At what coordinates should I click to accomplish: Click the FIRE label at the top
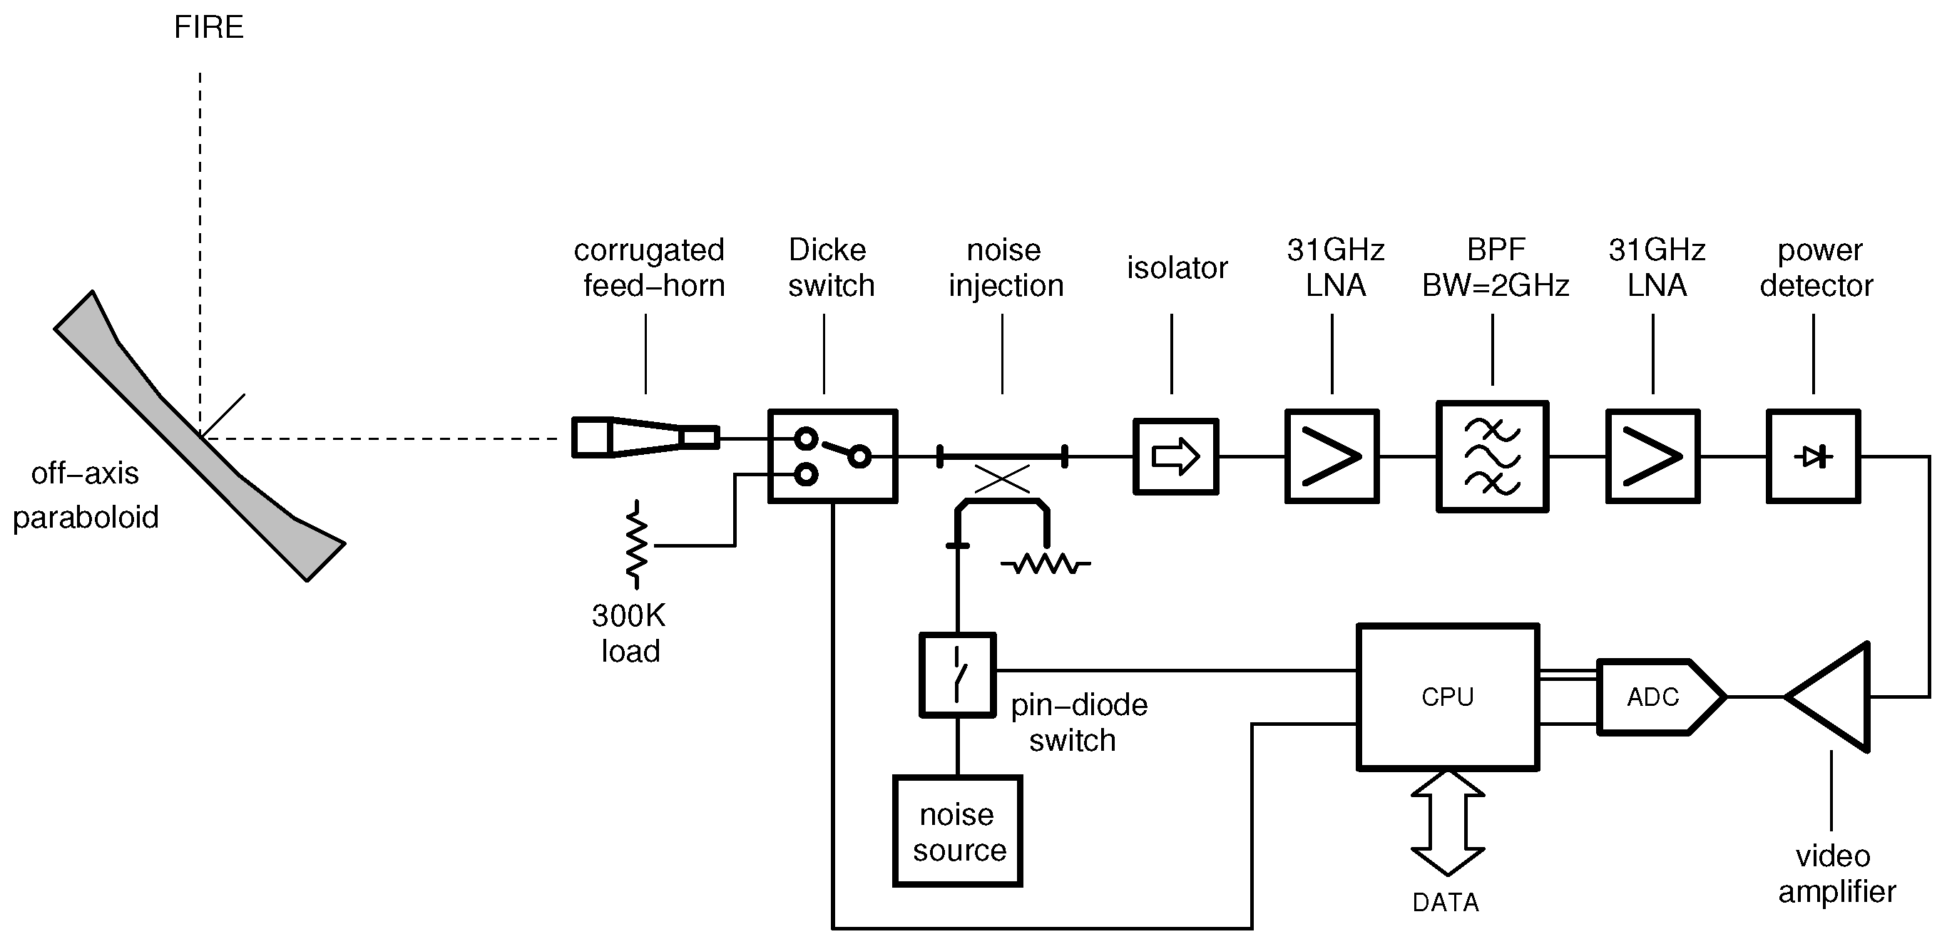[209, 27]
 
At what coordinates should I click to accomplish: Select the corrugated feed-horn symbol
[645, 437]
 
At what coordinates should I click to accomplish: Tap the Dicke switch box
[832, 456]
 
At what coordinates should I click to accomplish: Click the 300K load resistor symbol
[637, 544]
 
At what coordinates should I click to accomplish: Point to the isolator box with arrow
[1175, 456]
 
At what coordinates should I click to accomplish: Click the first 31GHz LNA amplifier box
[1332, 456]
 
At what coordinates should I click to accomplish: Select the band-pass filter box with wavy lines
[1492, 457]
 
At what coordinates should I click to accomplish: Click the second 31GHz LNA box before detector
[1652, 456]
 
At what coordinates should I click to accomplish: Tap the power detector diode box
[1813, 456]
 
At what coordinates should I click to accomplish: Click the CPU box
[1448, 697]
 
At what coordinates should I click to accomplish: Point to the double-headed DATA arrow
[1448, 822]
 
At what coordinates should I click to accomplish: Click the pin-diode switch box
[957, 674]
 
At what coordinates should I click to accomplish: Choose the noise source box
[957, 831]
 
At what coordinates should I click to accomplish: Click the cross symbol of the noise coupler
[1002, 478]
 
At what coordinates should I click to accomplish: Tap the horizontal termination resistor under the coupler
[1046, 563]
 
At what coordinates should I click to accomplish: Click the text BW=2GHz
[1495, 286]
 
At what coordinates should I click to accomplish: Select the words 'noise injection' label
[1005, 267]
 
